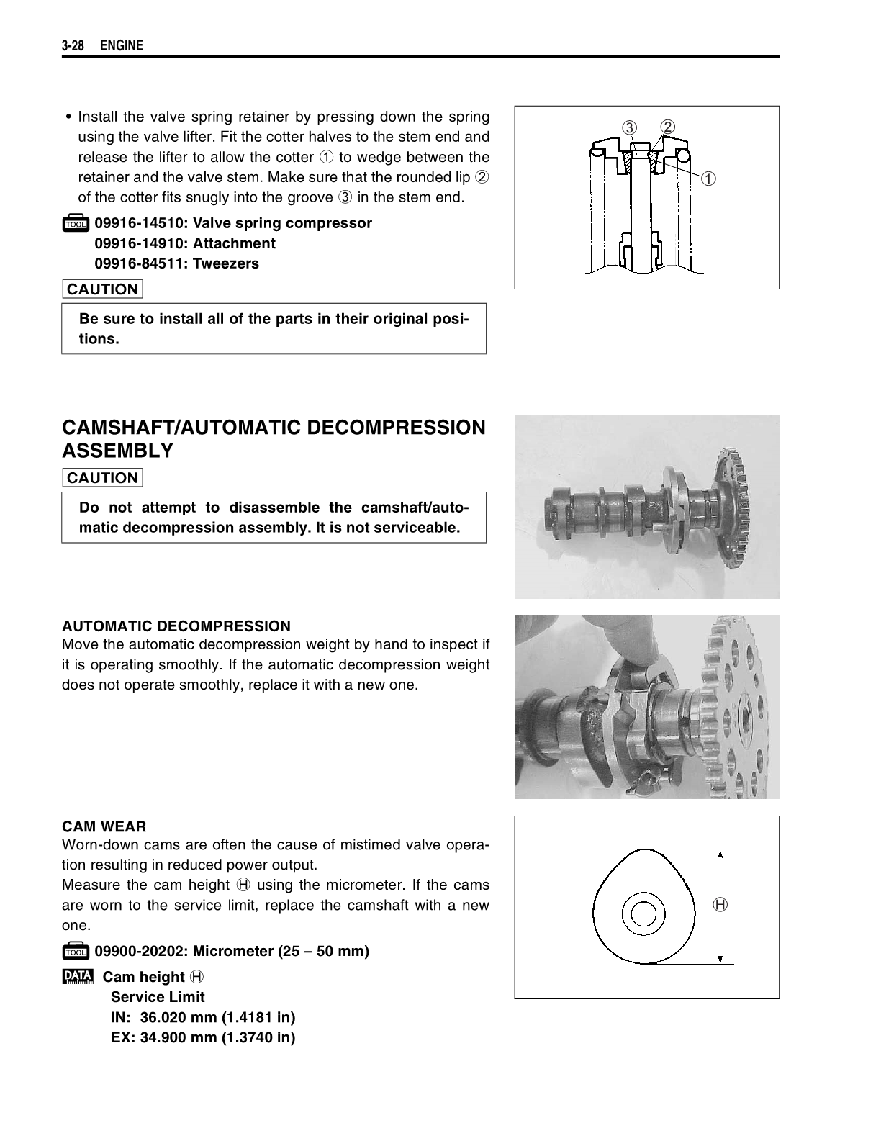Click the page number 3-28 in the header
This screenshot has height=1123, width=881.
[73, 46]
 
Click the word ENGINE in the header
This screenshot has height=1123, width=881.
[122, 46]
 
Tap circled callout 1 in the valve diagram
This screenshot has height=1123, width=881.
[709, 178]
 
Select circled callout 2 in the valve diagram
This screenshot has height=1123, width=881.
[668, 127]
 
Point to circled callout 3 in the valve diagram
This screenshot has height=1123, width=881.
[630, 128]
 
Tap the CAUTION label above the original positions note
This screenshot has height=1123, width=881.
[102, 289]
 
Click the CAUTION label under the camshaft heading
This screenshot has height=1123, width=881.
[102, 478]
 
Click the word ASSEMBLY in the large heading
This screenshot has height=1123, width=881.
[118, 451]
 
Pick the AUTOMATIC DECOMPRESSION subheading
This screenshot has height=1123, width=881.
[176, 626]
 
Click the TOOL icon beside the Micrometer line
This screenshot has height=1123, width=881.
[75, 952]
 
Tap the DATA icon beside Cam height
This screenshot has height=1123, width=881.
[77, 977]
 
